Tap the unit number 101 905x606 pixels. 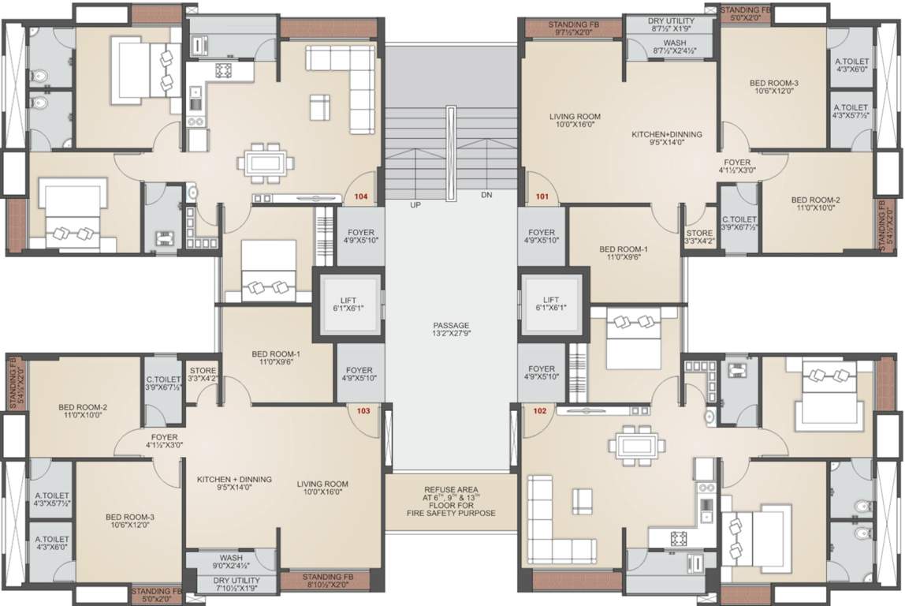click(542, 196)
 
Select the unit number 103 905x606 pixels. click(363, 410)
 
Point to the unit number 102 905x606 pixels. click(540, 410)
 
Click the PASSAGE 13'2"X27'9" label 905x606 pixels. click(451, 330)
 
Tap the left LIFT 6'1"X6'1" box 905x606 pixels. click(348, 305)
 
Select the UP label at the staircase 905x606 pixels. click(415, 204)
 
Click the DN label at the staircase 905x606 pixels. click(487, 195)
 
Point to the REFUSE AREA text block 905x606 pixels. click(451, 501)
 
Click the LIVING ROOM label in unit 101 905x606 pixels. click(575, 121)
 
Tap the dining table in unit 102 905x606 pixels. click(636, 445)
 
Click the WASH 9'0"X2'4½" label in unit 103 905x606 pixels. click(231, 561)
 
